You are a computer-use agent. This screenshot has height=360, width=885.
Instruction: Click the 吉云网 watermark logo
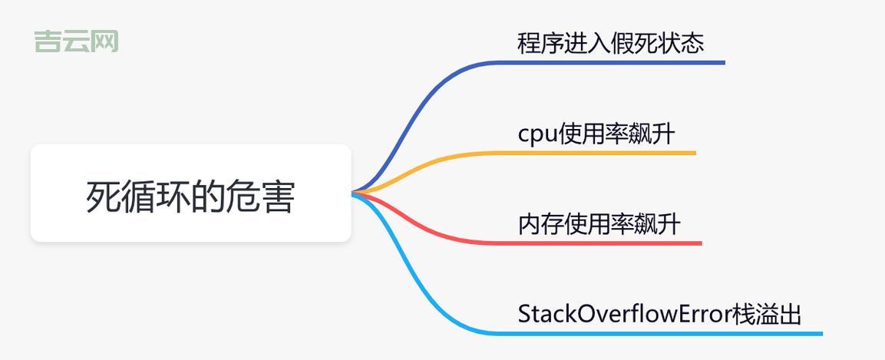(x=76, y=41)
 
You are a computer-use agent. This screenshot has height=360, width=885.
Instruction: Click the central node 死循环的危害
(x=190, y=195)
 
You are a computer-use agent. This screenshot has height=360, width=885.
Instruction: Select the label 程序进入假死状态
(x=610, y=43)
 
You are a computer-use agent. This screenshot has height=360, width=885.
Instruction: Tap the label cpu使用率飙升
(x=596, y=134)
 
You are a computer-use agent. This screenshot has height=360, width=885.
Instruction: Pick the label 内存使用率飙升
(x=599, y=224)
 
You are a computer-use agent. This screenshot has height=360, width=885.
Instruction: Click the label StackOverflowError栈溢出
(x=659, y=314)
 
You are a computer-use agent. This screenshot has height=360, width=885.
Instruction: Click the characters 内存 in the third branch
(x=541, y=224)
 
